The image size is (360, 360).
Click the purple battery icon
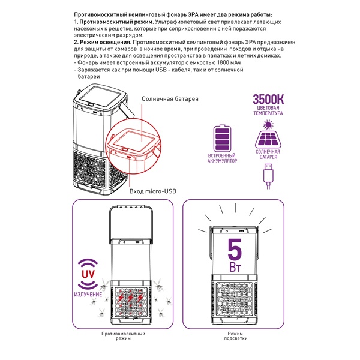point(222,138)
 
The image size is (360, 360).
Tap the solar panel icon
point(268,139)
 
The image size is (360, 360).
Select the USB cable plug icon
point(268,176)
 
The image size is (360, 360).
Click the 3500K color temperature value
point(268,100)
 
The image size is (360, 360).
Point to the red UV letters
point(88,274)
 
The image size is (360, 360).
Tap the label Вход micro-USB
point(152,191)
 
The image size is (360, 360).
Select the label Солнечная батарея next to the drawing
point(170,99)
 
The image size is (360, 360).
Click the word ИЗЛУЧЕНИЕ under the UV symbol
point(88,295)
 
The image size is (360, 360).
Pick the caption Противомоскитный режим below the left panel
point(123,336)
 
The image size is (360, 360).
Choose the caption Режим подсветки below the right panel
point(236,336)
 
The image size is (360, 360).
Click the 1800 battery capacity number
point(223,62)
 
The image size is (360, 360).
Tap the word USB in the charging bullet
point(161,70)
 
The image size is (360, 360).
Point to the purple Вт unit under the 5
point(235,267)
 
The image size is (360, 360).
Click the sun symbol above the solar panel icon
point(268,125)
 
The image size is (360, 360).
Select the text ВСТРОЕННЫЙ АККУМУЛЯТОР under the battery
point(222,158)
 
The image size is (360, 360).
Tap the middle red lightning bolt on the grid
point(130,298)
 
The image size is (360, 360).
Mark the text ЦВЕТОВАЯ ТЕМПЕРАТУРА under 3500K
point(268,110)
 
